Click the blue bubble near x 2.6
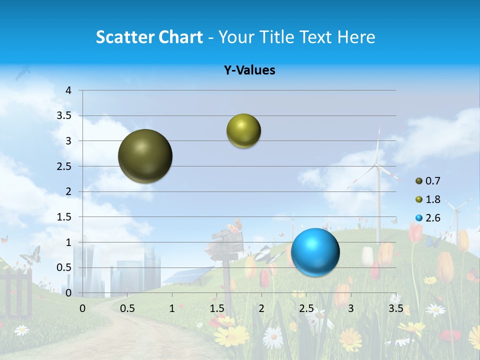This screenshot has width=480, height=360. click(x=315, y=252)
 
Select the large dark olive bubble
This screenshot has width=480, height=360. click(x=145, y=156)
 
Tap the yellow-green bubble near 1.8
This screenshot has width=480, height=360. click(x=243, y=131)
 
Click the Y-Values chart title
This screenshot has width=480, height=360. click(x=249, y=70)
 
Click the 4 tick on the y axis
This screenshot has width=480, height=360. click(x=69, y=90)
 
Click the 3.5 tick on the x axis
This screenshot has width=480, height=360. click(x=395, y=308)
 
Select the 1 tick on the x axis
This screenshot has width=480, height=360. click(x=172, y=308)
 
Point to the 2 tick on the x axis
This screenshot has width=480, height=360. click(x=261, y=308)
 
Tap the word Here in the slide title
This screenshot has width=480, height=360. click(x=355, y=37)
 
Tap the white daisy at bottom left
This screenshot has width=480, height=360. click(x=21, y=330)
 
